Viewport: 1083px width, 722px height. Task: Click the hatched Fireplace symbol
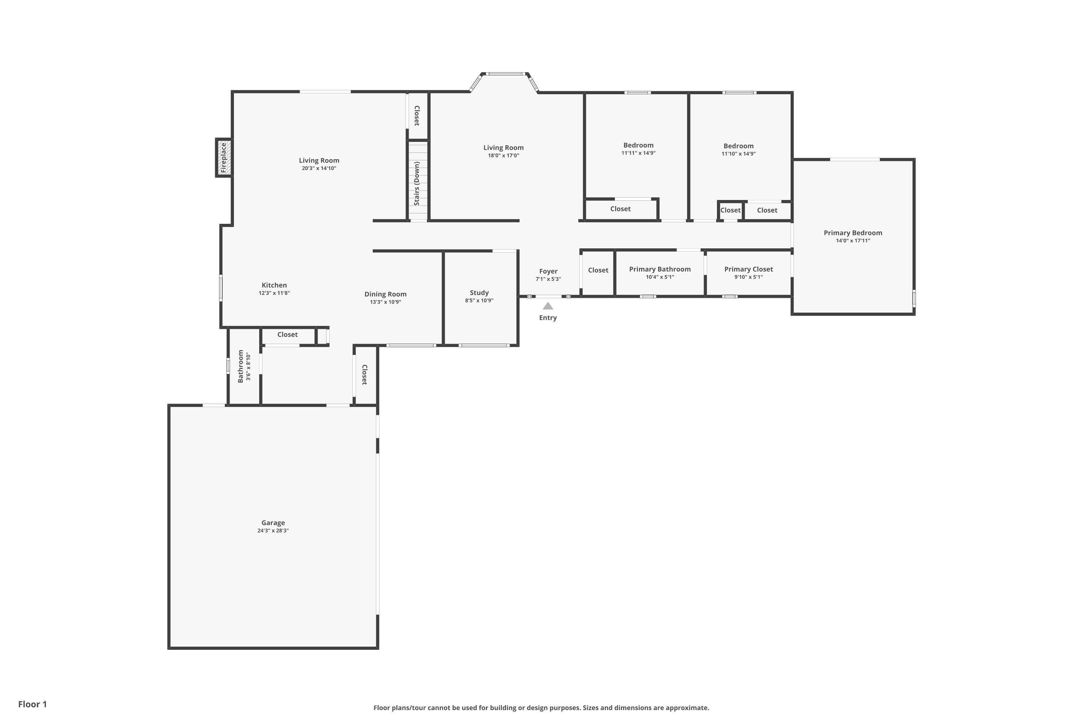click(224, 157)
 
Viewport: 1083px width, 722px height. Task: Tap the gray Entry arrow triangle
click(548, 306)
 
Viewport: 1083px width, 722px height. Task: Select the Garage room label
click(273, 523)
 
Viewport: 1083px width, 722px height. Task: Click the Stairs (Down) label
click(417, 183)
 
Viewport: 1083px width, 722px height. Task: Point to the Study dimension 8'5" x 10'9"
click(479, 301)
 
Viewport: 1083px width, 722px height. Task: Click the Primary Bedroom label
click(853, 233)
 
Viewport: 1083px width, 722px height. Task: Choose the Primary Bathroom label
click(660, 269)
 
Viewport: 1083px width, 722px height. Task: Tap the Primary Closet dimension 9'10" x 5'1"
click(748, 277)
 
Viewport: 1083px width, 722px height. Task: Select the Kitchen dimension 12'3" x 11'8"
click(274, 293)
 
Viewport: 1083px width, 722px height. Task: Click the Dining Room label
click(386, 294)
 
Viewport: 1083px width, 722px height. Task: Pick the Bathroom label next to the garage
click(240, 366)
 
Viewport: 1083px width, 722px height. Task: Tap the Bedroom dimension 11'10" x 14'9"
click(738, 154)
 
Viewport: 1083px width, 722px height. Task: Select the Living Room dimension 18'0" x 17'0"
click(503, 156)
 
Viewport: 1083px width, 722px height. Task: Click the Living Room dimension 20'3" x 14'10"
click(319, 169)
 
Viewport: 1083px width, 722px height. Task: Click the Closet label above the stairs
click(417, 116)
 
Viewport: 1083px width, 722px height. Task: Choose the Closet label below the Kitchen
click(287, 335)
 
